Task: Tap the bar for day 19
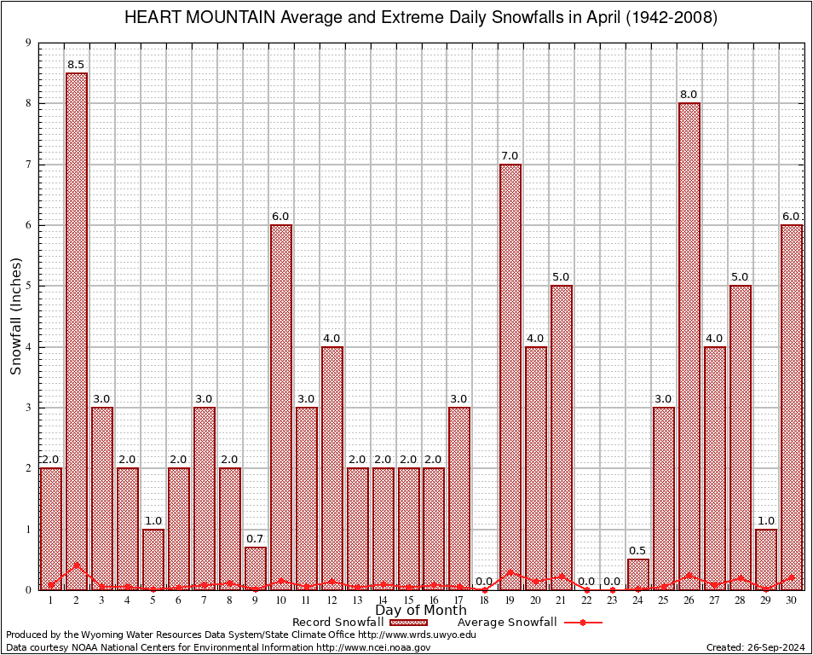[x=510, y=376]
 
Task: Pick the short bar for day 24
[x=638, y=574]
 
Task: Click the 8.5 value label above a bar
[x=77, y=65]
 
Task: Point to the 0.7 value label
[x=255, y=539]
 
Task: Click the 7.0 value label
[x=510, y=156]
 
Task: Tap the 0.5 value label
[x=638, y=551]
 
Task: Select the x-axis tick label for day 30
[x=792, y=600]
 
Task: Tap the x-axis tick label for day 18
[x=485, y=600]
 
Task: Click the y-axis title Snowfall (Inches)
[x=16, y=316]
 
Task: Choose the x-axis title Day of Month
[x=420, y=611]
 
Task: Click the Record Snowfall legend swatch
[x=409, y=623]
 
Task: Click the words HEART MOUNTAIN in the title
[x=190, y=18]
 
